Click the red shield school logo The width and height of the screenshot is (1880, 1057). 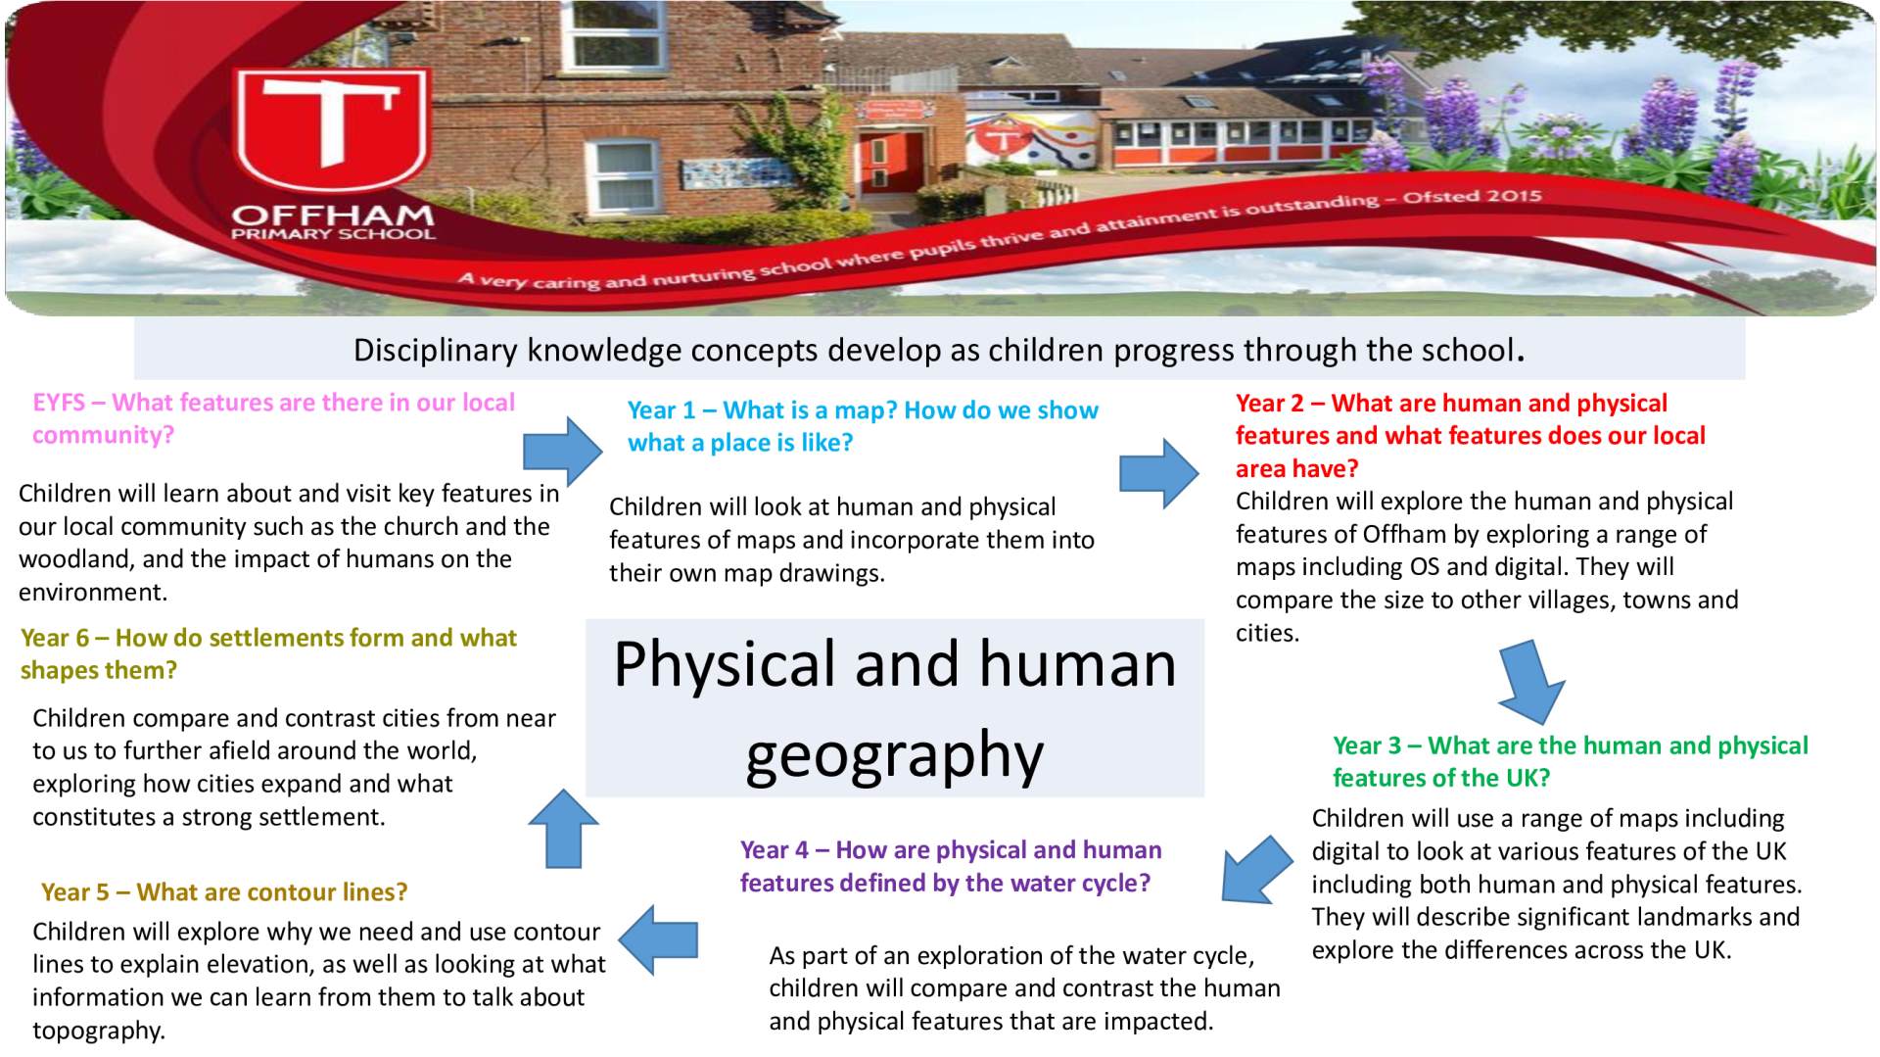tap(331, 131)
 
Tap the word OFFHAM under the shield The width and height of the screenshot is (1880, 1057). tap(333, 215)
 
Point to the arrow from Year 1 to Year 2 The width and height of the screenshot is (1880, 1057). tap(1159, 473)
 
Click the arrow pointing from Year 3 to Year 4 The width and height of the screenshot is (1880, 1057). tap(1256, 870)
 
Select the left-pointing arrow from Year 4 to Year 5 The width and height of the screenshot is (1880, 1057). tap(658, 940)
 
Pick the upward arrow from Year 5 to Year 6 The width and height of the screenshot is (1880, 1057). tap(563, 829)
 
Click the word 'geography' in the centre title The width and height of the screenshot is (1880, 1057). tap(894, 754)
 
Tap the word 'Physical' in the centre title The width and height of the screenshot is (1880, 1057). tap(726, 664)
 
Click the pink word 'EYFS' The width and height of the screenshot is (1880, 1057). tap(59, 403)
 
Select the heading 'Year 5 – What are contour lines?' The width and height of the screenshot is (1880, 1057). tap(224, 892)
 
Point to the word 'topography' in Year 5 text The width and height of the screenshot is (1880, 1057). tap(99, 1031)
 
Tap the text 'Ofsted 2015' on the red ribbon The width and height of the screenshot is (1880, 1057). tap(1473, 197)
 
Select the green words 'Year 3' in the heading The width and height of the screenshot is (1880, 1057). tap(1367, 745)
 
